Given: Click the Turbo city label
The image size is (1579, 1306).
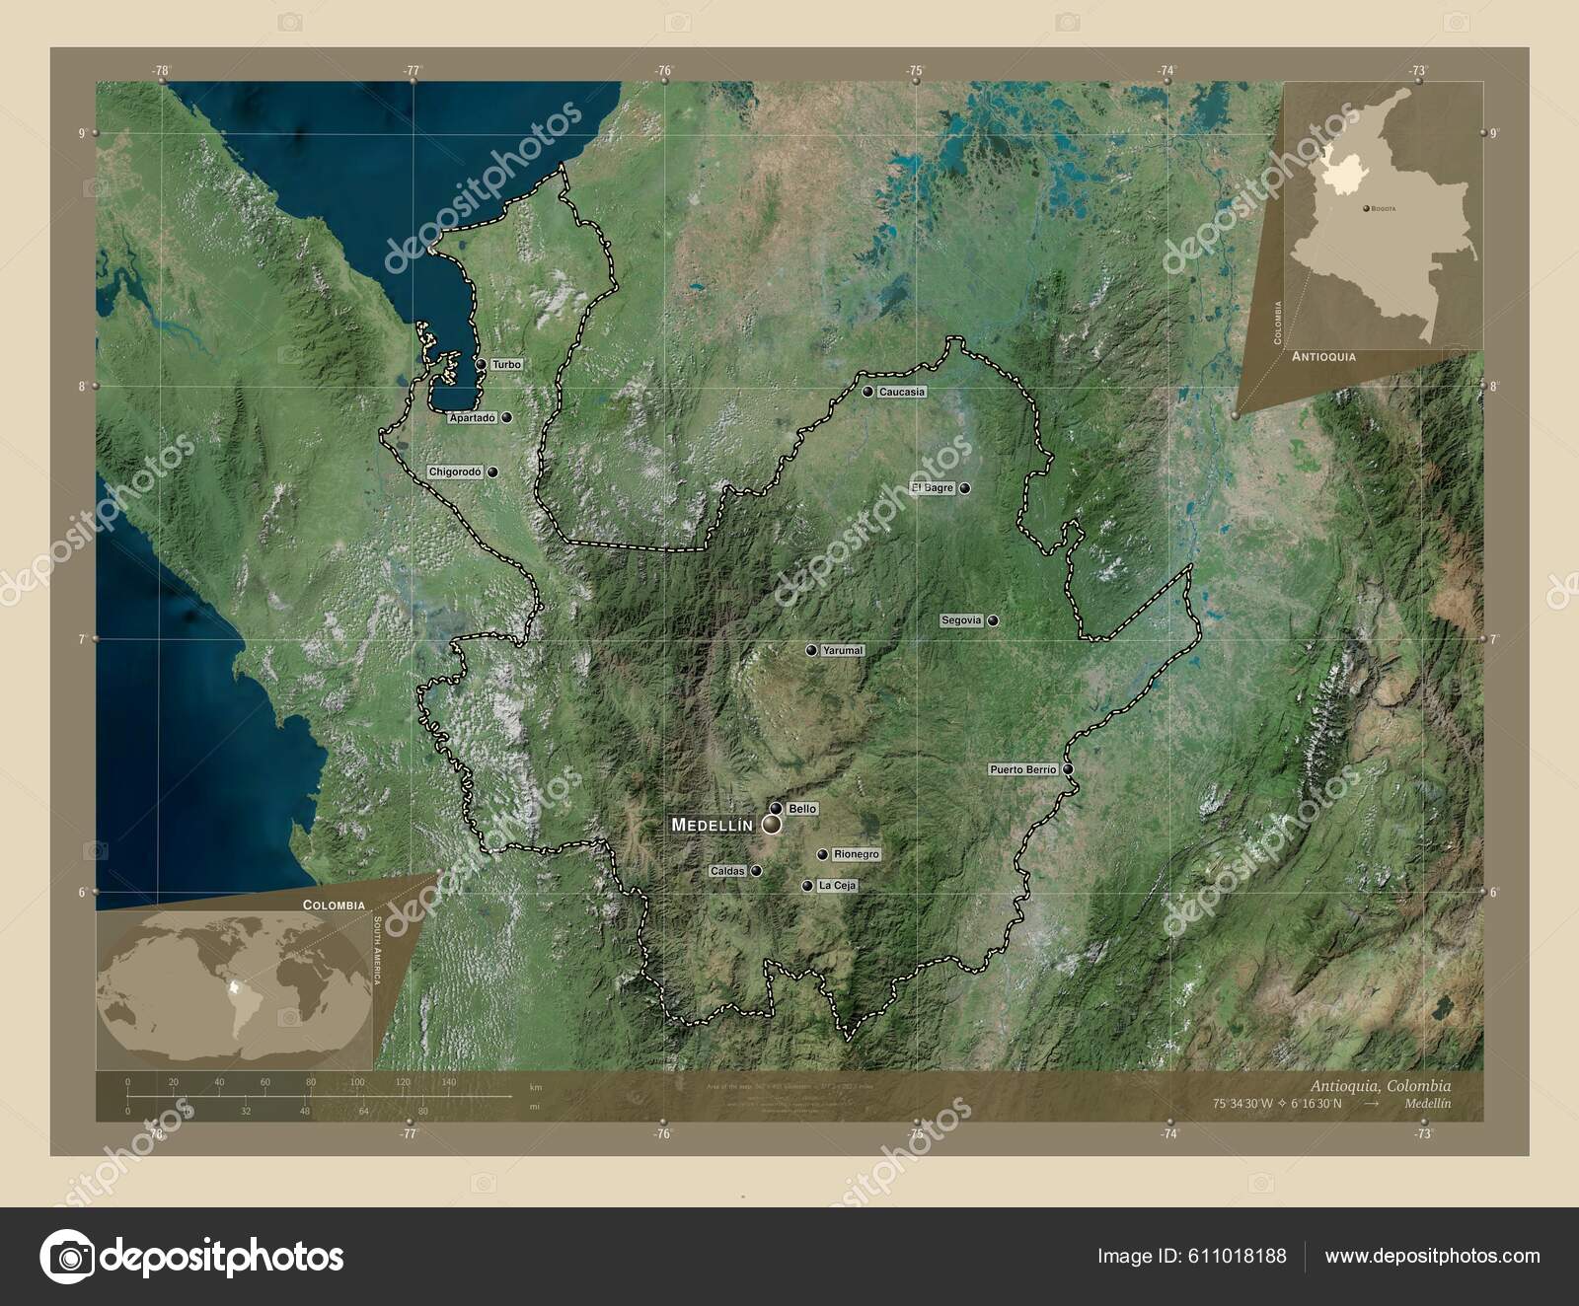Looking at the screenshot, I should (506, 364).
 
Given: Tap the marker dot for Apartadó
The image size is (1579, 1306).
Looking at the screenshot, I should (507, 418).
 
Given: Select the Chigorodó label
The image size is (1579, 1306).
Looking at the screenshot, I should (455, 472).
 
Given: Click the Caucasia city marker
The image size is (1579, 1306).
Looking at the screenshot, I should (867, 392).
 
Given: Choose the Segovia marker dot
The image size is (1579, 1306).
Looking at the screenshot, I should (994, 620).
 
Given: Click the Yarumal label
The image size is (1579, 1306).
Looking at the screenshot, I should (843, 651).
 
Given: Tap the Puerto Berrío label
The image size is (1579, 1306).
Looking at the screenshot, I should (1023, 769).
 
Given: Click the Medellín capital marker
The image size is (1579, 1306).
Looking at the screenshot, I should (770, 824).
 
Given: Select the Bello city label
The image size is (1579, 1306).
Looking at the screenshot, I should (802, 809).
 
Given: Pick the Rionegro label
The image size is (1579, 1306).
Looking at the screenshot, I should (856, 854).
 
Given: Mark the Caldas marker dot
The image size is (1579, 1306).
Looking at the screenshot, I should (756, 871).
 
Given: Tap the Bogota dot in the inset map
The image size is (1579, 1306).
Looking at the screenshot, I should (1366, 209).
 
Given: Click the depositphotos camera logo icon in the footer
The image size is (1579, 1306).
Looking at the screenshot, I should (67, 1256).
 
